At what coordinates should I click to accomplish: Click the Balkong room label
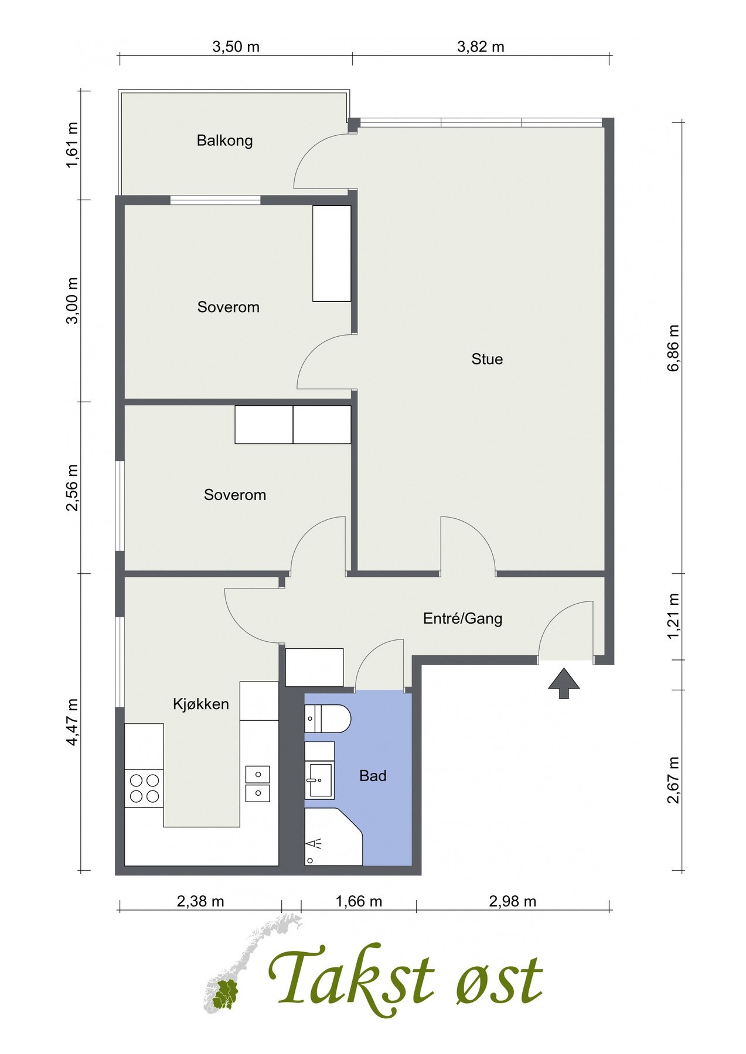click(224, 141)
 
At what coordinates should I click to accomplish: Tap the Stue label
click(487, 359)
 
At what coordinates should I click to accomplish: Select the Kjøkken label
click(200, 704)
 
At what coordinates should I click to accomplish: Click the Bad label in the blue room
click(373, 776)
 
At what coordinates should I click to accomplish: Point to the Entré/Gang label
click(462, 618)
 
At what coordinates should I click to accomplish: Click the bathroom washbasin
click(320, 780)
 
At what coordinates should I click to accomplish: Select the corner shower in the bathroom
click(331, 837)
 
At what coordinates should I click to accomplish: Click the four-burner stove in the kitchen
click(144, 788)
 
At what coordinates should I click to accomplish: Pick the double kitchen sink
click(257, 783)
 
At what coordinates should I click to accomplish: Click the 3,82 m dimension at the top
click(481, 47)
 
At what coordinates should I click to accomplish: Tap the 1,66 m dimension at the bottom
click(359, 901)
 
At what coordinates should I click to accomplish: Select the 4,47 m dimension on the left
click(72, 722)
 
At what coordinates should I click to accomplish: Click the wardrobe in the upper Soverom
click(332, 253)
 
